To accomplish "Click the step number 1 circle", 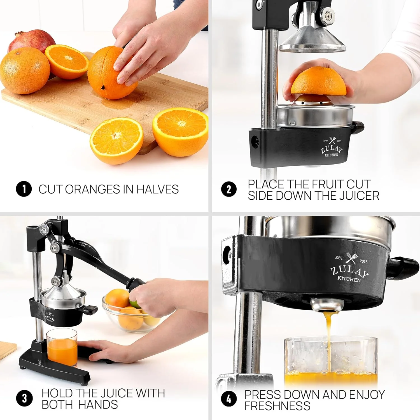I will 24,189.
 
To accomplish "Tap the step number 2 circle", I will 229,189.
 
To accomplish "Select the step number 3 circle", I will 24,398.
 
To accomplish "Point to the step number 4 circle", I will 229,399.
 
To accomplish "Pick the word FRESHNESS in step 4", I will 277,406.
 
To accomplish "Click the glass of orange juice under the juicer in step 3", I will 62,348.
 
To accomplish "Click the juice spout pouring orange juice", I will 327,306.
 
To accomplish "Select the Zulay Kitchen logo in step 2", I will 332,148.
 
